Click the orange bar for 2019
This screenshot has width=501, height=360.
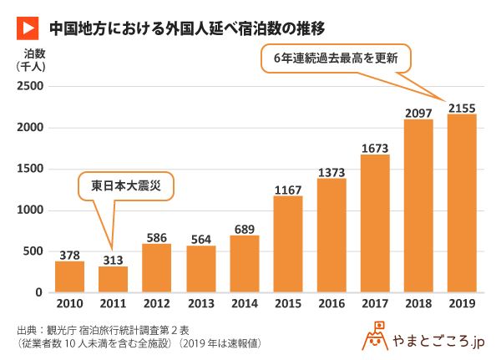[462, 203]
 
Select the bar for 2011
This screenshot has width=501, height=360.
[114, 279]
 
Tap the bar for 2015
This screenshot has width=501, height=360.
[288, 244]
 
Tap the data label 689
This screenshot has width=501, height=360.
[244, 228]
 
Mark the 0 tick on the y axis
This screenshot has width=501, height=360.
[38, 292]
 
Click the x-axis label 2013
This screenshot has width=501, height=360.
[200, 305]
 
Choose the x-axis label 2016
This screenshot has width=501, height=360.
[331, 305]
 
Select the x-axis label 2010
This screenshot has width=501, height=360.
[69, 305]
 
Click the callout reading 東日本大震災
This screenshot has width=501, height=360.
[126, 185]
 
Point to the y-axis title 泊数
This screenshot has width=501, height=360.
[34, 53]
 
